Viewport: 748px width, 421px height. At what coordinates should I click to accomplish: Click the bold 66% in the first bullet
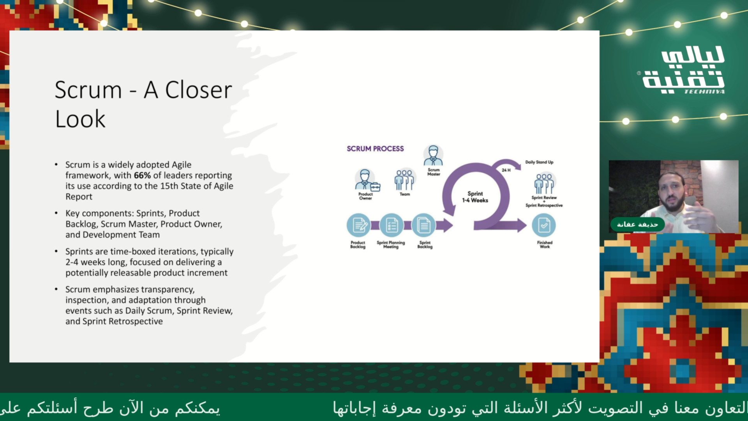[142, 175]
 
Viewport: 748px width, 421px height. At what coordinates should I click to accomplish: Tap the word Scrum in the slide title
[88, 90]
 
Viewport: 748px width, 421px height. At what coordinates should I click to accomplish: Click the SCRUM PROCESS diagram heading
[375, 149]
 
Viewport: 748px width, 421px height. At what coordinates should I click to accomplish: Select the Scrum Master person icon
[433, 156]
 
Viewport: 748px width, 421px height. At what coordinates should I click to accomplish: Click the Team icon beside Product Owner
[404, 180]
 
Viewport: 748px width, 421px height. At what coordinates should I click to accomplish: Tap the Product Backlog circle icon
[358, 225]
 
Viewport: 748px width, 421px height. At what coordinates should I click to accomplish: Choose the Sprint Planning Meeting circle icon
[391, 225]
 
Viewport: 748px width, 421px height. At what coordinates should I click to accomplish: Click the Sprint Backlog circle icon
[423, 225]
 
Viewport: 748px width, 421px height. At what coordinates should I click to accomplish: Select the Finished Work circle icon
[544, 225]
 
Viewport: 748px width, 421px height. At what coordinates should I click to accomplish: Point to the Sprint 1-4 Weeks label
[475, 197]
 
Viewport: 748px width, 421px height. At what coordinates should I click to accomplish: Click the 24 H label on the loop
[506, 170]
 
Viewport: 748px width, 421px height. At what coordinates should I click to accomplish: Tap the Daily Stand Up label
[539, 162]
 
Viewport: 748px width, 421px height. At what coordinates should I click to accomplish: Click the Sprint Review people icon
[544, 184]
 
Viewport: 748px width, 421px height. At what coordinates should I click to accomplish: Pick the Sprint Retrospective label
[544, 205]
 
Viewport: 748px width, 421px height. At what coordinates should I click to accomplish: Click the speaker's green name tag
[637, 224]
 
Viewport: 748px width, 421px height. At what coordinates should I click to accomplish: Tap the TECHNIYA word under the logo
[704, 92]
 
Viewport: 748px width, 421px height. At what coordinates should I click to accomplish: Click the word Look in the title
[80, 119]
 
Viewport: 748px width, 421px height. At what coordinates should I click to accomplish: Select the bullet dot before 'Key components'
[56, 213]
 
